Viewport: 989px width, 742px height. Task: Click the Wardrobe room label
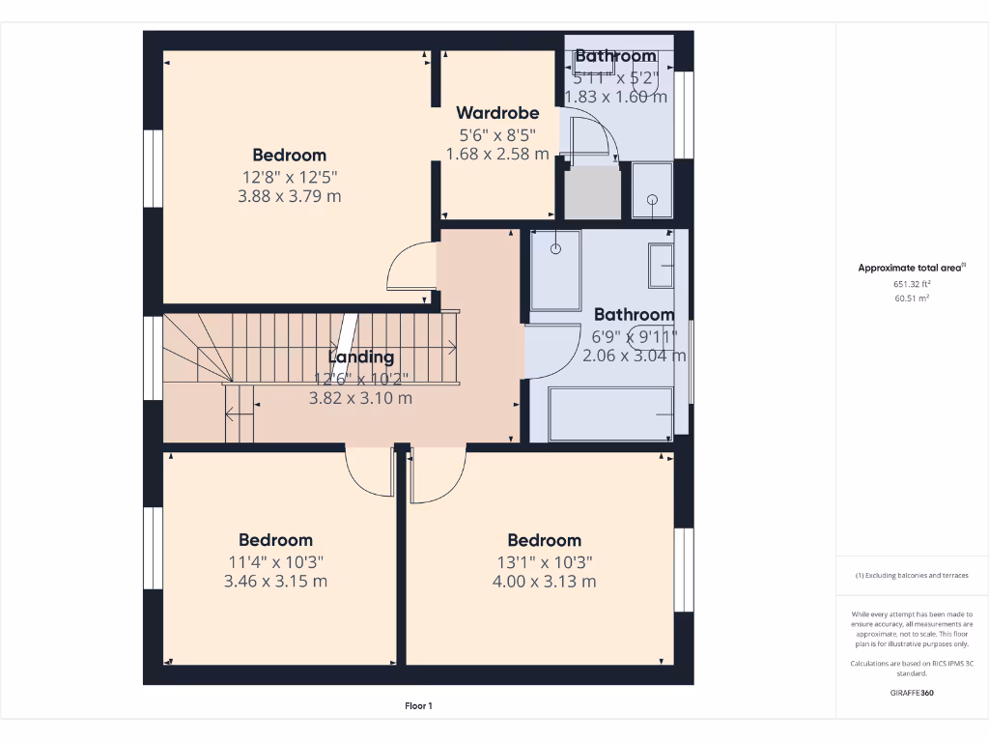(x=497, y=113)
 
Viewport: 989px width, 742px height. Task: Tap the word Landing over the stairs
(x=360, y=357)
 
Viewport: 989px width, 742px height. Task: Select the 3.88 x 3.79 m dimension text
(x=289, y=196)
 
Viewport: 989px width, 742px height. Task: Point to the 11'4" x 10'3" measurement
(x=275, y=561)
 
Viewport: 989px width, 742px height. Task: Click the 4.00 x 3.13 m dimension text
(x=544, y=582)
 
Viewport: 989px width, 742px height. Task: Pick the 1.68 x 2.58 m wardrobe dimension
(x=497, y=154)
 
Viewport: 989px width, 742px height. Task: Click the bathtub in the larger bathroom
(x=610, y=414)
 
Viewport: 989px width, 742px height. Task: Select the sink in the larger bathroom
(x=662, y=266)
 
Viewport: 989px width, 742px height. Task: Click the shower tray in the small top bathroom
(x=653, y=190)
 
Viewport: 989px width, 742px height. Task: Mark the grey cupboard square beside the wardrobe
(x=591, y=192)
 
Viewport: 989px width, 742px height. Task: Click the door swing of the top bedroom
(x=410, y=268)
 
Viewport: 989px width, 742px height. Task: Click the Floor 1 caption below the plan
(x=418, y=706)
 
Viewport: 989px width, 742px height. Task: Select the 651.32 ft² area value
(x=912, y=285)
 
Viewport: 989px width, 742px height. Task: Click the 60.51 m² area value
(x=912, y=300)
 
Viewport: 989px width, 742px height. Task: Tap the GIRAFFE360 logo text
(x=911, y=693)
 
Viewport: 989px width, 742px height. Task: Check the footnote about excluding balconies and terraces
(x=911, y=575)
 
